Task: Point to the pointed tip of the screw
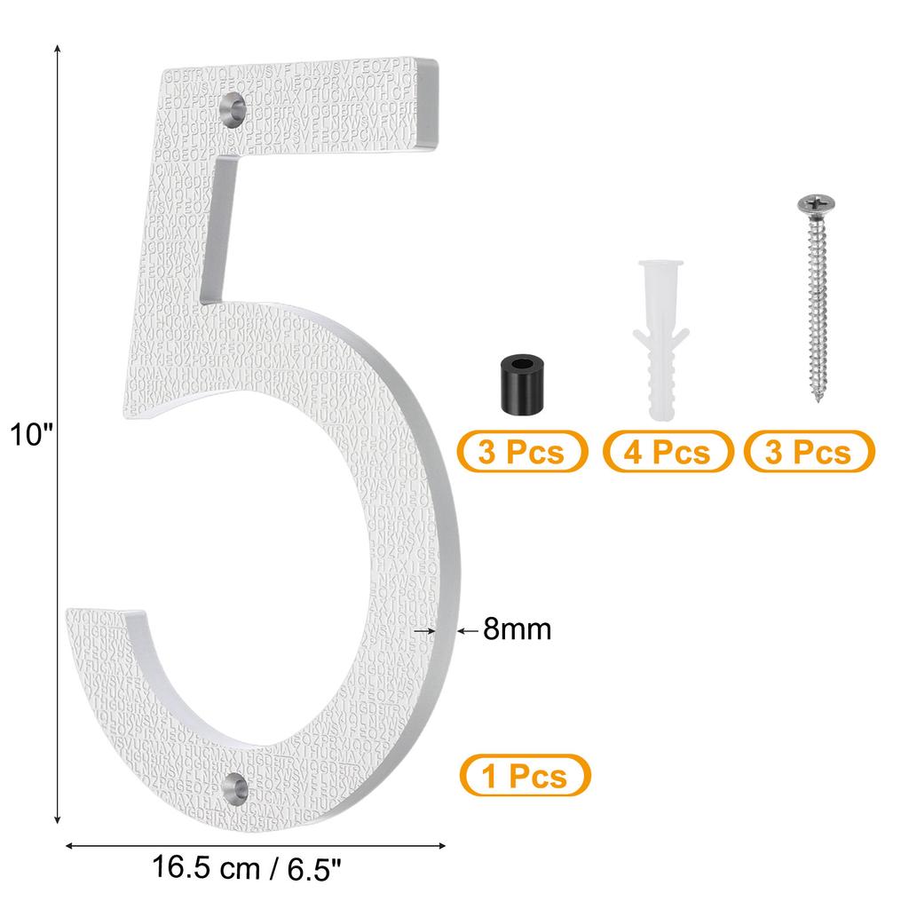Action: click(x=815, y=401)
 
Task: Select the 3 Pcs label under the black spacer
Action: click(x=521, y=452)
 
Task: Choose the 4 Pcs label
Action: click(x=668, y=452)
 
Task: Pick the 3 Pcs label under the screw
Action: click(x=808, y=452)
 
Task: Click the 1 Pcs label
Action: click(x=524, y=776)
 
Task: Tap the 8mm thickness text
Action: click(x=518, y=630)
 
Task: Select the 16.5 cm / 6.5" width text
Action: click(x=247, y=867)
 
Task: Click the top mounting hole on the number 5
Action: click(x=234, y=107)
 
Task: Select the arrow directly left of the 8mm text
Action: click(x=465, y=630)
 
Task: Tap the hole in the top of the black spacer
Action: click(x=520, y=365)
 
